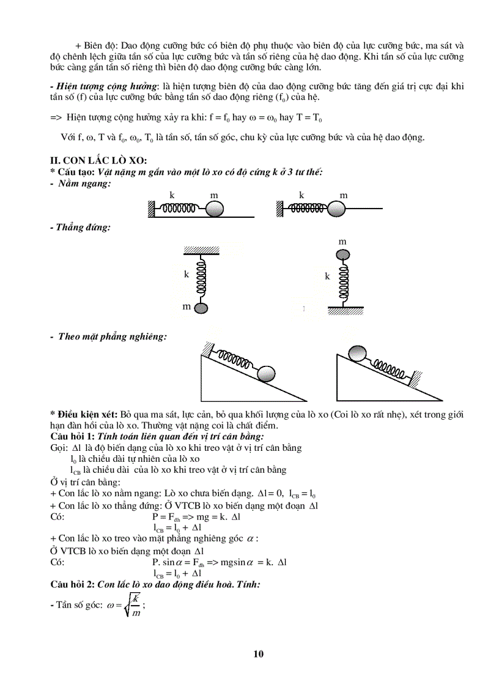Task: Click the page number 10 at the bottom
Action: (257, 654)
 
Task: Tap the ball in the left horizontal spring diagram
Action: (215, 209)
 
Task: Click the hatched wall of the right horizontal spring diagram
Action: (279, 209)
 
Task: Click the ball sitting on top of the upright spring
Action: (342, 255)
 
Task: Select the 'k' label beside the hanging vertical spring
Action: (187, 275)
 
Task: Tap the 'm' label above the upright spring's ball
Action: (342, 242)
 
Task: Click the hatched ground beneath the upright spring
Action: (343, 310)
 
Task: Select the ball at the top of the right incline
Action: (357, 354)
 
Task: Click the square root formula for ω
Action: (125, 604)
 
